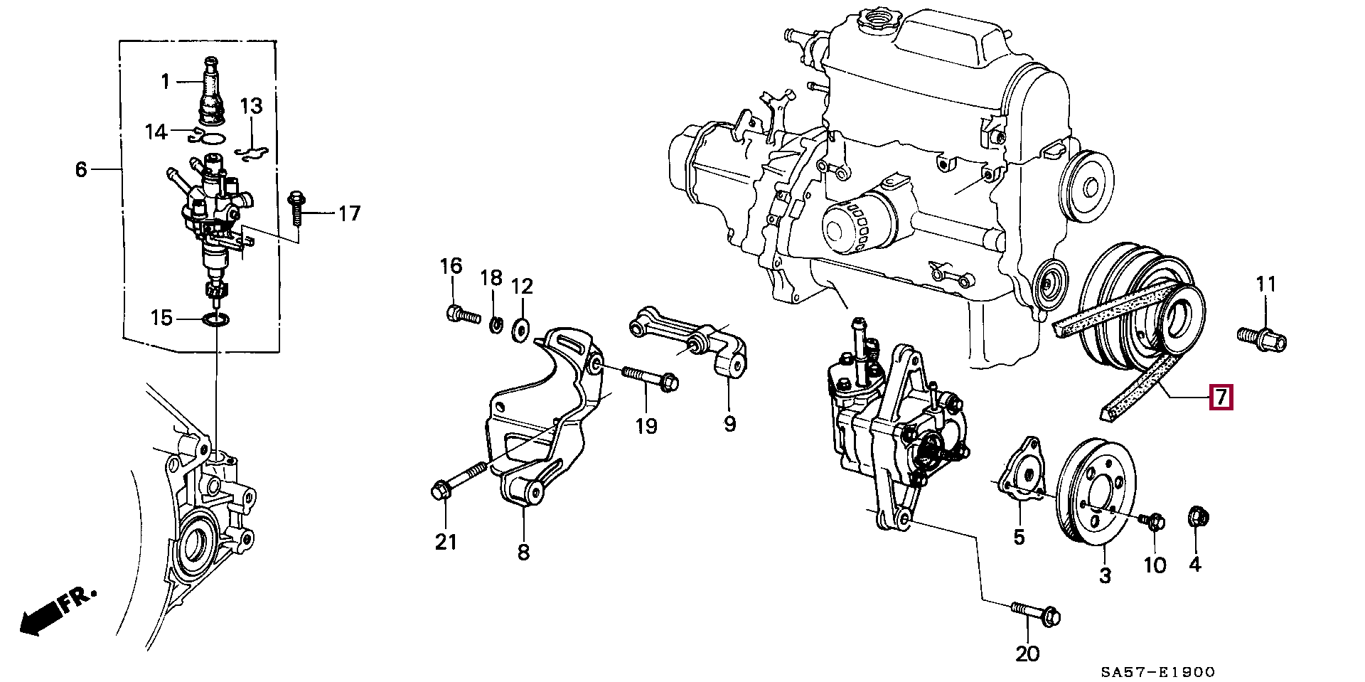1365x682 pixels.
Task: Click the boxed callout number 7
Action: (x=1221, y=397)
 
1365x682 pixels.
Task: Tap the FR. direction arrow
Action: (x=57, y=610)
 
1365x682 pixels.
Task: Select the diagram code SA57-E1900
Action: (x=1158, y=672)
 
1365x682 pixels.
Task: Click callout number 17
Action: (x=349, y=213)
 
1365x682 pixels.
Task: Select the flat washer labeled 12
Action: (x=521, y=329)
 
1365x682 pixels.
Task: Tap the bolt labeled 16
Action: (x=463, y=314)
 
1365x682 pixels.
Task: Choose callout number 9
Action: (x=730, y=424)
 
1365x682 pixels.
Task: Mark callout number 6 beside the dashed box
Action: (x=81, y=169)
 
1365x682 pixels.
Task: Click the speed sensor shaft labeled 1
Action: (x=211, y=88)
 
